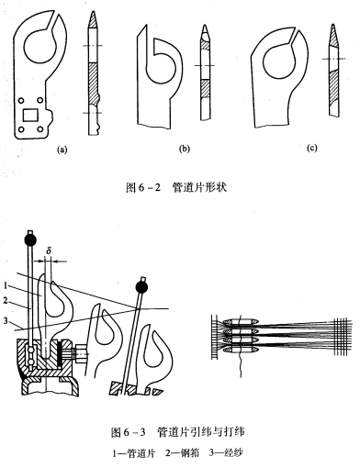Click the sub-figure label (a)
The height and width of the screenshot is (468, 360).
(x=62, y=150)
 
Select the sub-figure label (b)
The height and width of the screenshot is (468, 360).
(x=184, y=149)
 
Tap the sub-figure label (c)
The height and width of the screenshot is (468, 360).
(x=311, y=148)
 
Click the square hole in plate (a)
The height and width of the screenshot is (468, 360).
(x=30, y=115)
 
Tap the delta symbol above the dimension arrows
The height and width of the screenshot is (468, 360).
(x=48, y=251)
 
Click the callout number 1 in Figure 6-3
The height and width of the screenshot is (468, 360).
(x=6, y=285)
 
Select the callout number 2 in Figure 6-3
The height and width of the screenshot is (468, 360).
(x=6, y=301)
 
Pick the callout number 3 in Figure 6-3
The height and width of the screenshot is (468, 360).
(x=6, y=320)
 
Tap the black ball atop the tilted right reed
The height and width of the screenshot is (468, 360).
(x=141, y=287)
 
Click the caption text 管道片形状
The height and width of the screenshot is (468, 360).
(x=199, y=187)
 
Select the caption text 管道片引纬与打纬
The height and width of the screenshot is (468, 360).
(x=200, y=432)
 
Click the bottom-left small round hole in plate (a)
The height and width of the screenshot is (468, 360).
(x=21, y=129)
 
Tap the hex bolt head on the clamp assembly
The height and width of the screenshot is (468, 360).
(x=80, y=354)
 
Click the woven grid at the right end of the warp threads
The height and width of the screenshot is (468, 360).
(x=341, y=337)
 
